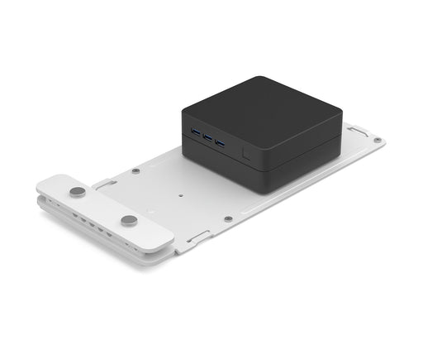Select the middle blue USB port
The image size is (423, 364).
207,136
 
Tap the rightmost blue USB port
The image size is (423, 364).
220,142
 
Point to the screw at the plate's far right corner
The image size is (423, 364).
377,140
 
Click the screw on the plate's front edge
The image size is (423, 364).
228,219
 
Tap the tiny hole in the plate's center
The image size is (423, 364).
181,197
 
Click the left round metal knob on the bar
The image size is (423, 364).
77,192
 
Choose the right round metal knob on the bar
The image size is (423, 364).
129,221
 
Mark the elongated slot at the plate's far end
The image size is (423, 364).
357,131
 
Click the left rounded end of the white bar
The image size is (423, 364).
45,184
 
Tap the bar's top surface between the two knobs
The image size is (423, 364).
102,207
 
